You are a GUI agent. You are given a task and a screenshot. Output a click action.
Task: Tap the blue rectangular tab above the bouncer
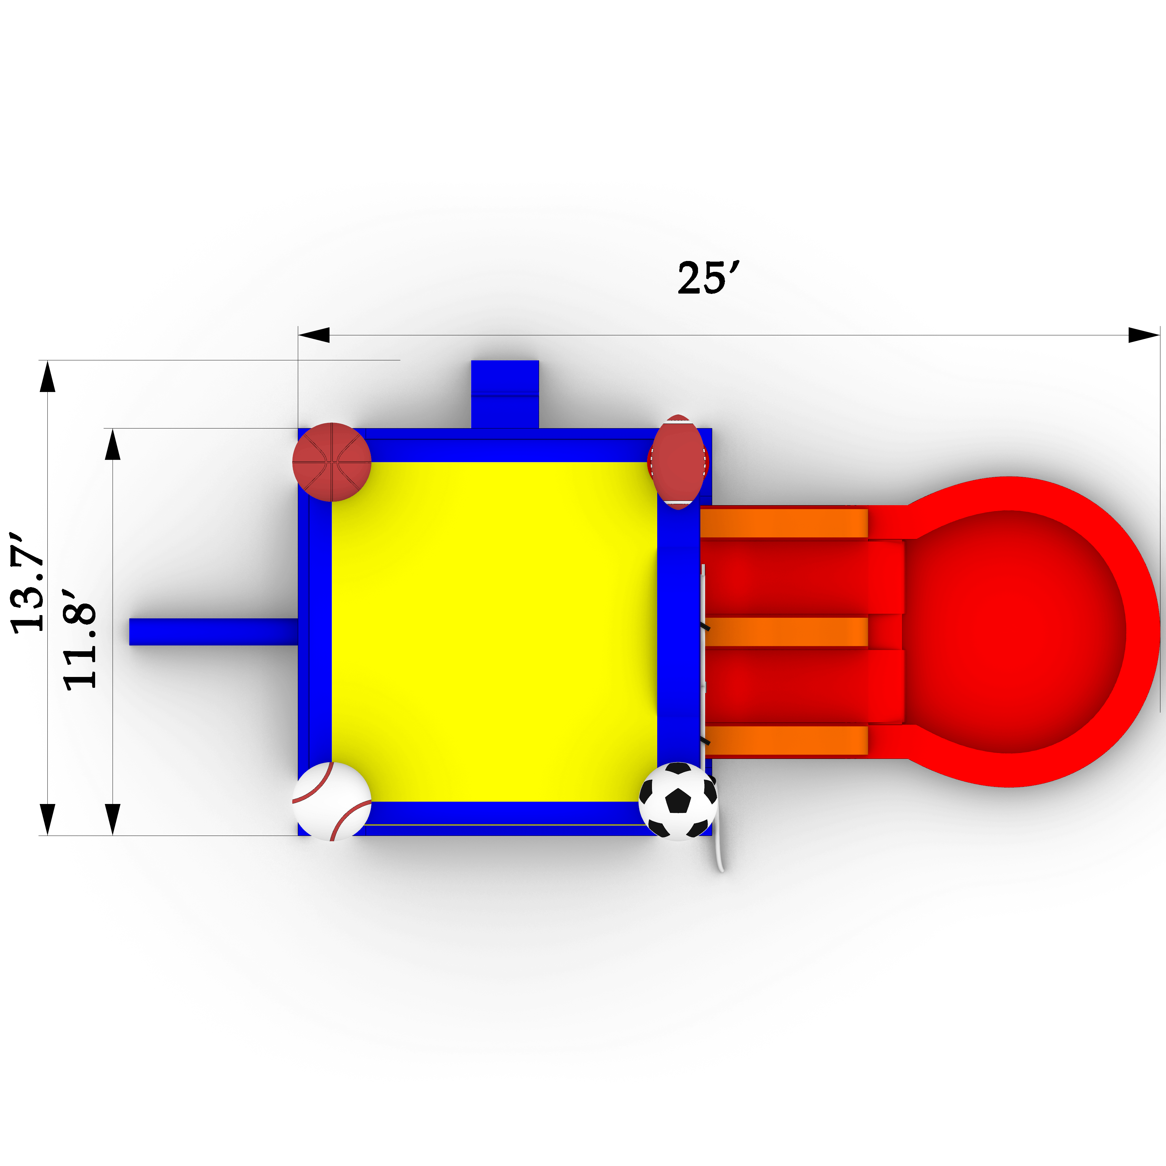[505, 394]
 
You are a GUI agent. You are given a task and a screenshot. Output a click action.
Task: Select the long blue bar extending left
[214, 632]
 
